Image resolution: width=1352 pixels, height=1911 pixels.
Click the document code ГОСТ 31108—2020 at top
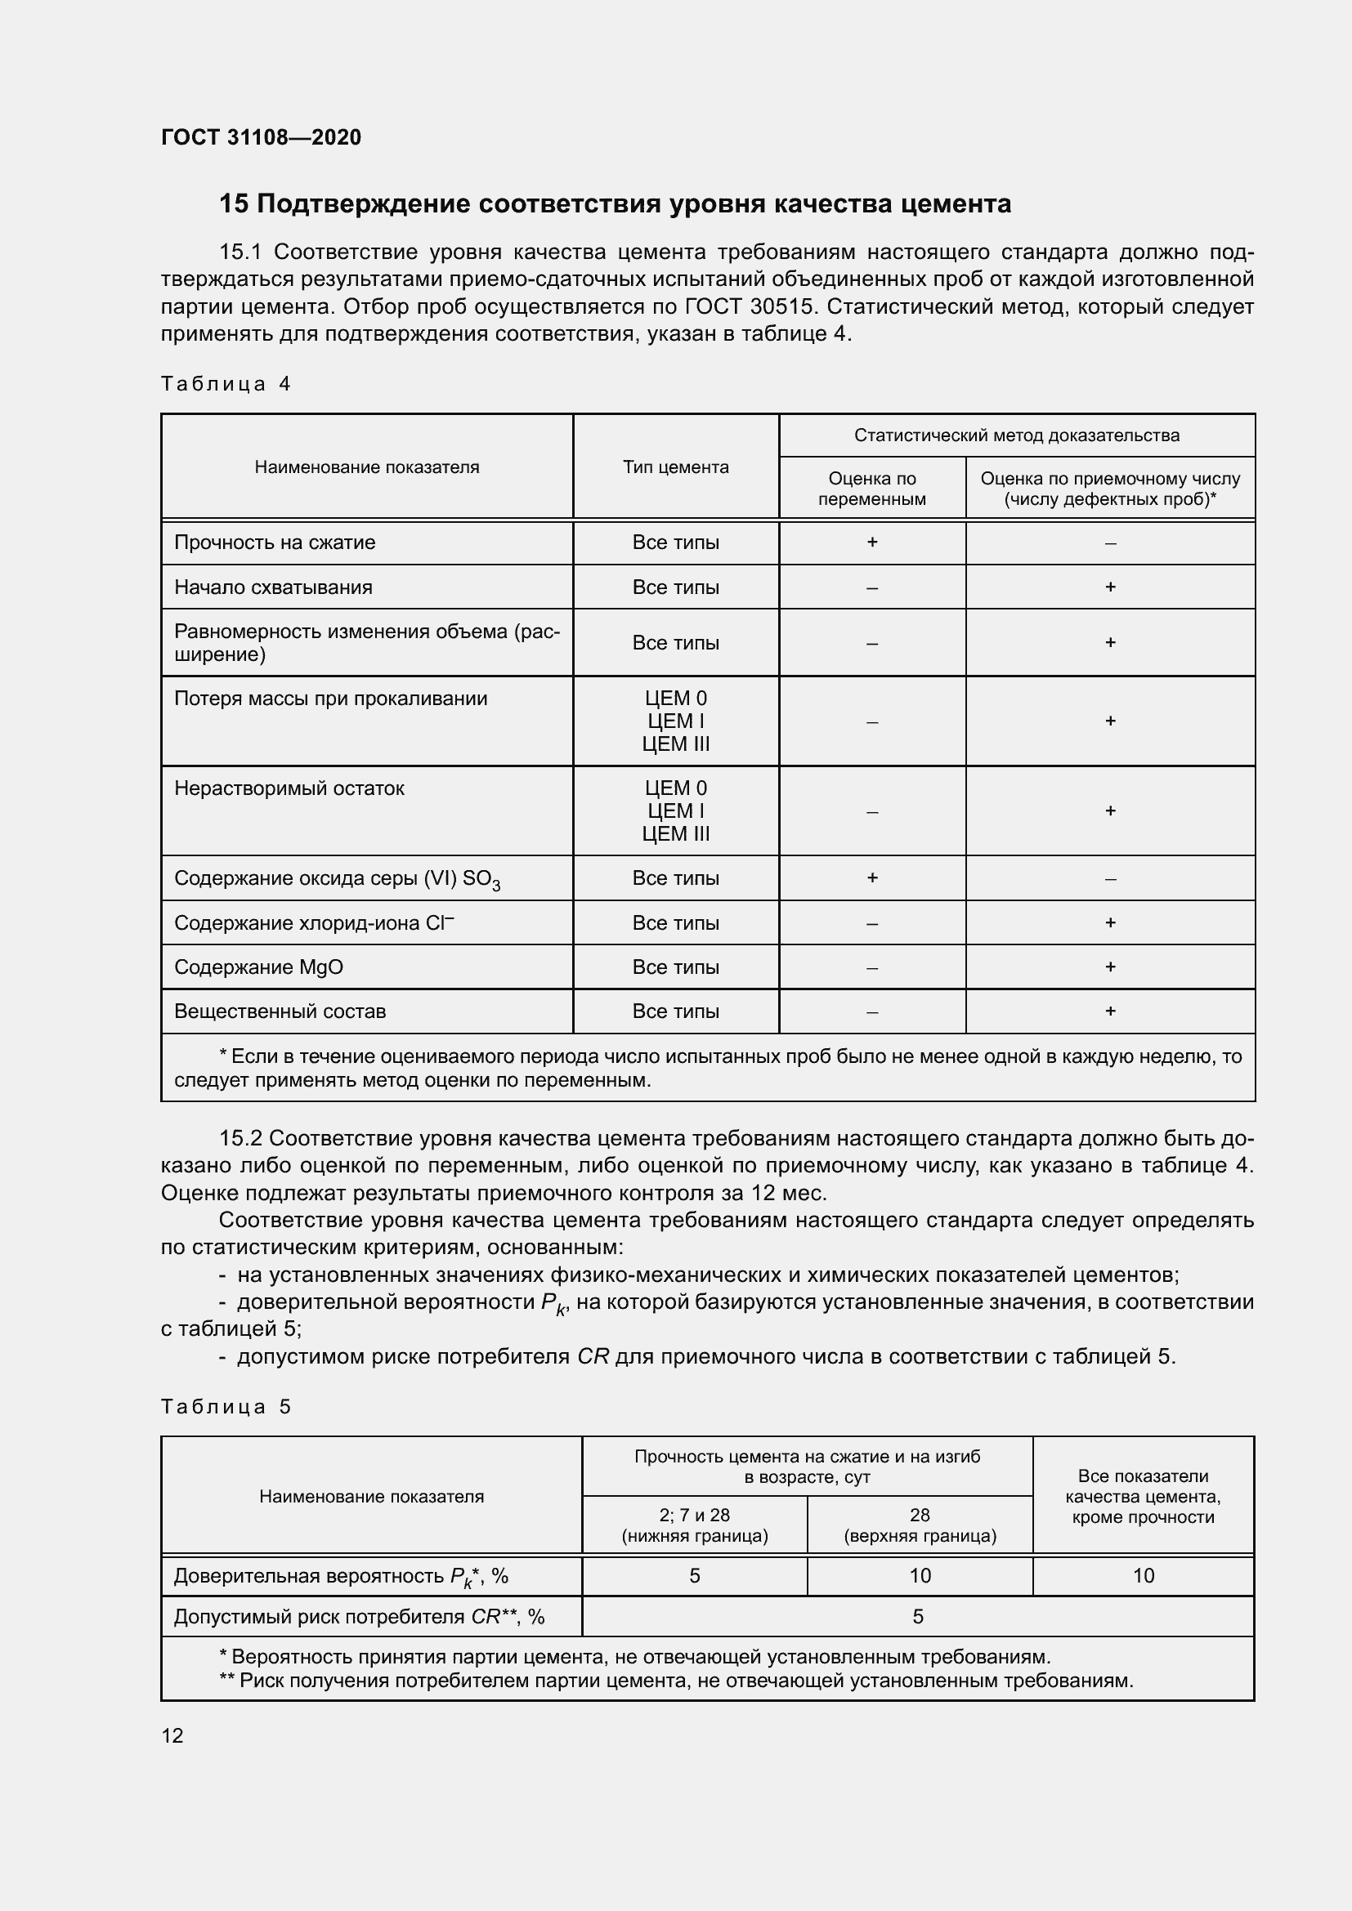[261, 138]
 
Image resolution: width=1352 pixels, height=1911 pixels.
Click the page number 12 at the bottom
[172, 1735]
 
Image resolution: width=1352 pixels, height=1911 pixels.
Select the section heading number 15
[233, 204]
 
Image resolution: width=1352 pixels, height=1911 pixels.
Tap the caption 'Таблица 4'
[226, 384]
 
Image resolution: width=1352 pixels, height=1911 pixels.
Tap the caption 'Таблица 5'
[226, 1407]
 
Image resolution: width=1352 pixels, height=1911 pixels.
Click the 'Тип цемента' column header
[675, 467]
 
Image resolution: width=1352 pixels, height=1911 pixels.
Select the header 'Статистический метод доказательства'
[1016, 435]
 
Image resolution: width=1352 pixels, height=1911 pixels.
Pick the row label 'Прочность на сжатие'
[275, 542]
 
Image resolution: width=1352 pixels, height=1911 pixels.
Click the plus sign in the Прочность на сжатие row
[871, 542]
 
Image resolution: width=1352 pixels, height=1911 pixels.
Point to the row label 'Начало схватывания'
[273, 587]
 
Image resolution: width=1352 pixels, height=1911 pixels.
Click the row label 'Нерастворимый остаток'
[289, 788]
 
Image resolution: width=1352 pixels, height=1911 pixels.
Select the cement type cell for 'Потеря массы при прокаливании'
[675, 721]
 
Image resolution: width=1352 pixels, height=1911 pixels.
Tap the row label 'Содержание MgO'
[258, 967]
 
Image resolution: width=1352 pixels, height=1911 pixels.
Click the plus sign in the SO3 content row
[871, 878]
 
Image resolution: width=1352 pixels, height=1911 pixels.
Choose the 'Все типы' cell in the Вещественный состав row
[675, 1011]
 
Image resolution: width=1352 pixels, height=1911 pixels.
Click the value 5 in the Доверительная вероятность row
[694, 1575]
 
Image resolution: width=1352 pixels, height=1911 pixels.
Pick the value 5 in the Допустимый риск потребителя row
[917, 1616]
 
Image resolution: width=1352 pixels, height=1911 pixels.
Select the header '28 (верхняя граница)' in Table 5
[919, 1525]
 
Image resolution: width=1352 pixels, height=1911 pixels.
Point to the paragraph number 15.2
[240, 1139]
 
